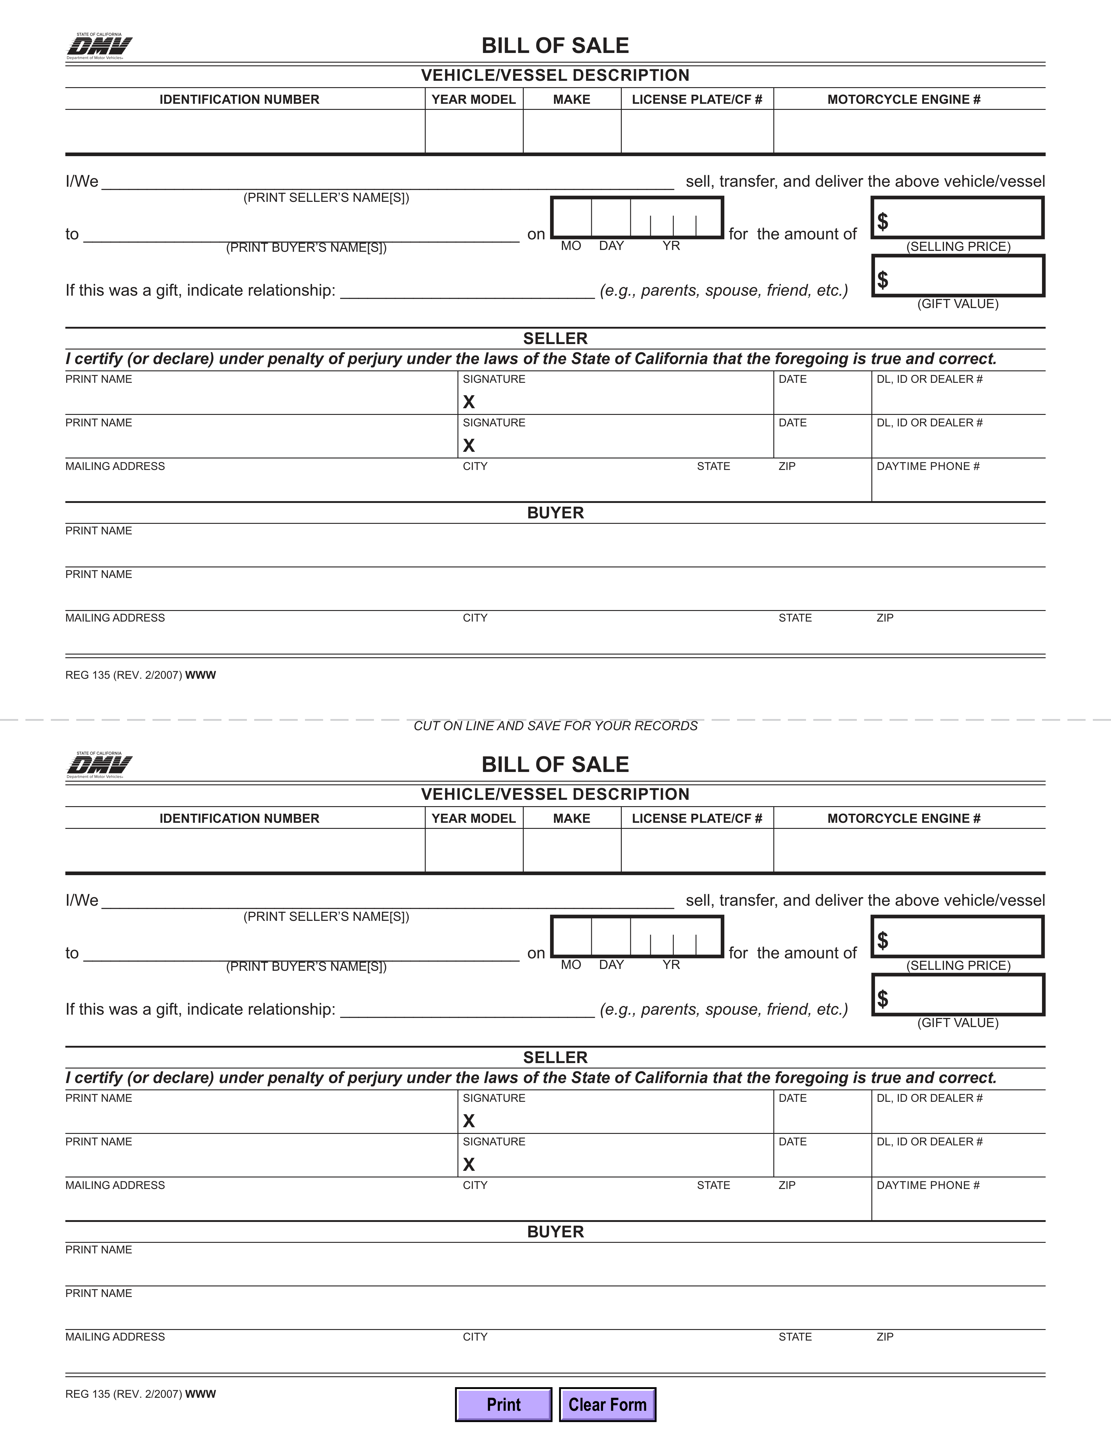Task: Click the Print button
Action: tap(503, 1404)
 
